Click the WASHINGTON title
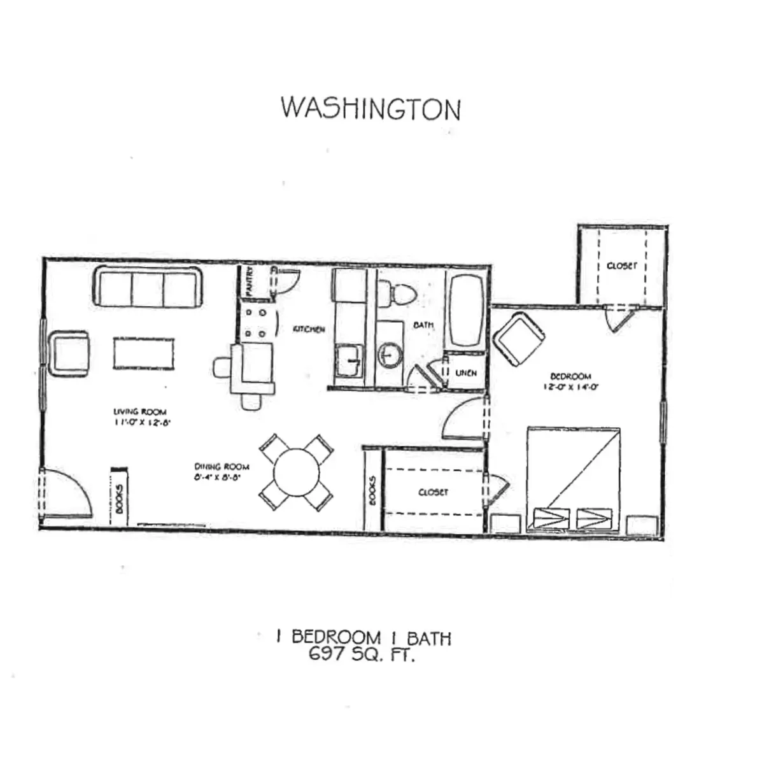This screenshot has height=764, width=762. [x=370, y=109]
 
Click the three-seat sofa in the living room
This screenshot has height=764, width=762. [x=148, y=287]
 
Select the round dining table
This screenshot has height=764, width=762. [x=296, y=472]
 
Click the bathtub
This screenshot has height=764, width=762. [x=467, y=310]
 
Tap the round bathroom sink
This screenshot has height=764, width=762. [x=388, y=356]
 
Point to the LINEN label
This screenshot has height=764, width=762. [x=466, y=373]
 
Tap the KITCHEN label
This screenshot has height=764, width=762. [x=309, y=329]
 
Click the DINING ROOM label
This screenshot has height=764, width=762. [x=222, y=466]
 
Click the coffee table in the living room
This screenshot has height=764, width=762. [x=144, y=353]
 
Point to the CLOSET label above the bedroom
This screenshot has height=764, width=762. [x=621, y=265]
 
